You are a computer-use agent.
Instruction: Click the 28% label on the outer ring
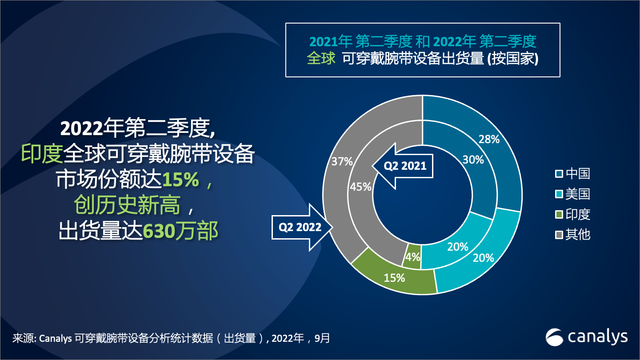click(x=489, y=139)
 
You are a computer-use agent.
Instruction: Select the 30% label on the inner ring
click(x=473, y=160)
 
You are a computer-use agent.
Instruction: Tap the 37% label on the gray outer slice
click(x=342, y=161)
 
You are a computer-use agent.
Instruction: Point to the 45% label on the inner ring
click(x=360, y=187)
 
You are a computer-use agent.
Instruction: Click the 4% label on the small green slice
click(x=413, y=257)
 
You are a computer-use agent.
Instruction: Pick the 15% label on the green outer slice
click(x=394, y=278)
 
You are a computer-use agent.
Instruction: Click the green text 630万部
click(x=180, y=231)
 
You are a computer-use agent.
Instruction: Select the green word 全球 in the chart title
click(x=321, y=59)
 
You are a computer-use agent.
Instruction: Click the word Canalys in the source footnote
click(x=56, y=338)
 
